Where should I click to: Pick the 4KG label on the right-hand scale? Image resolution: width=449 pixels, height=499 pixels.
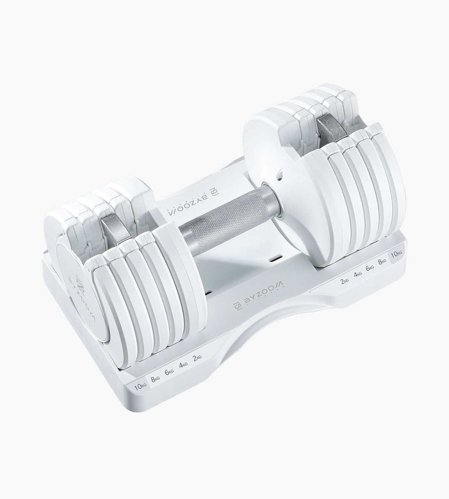[x=358, y=274]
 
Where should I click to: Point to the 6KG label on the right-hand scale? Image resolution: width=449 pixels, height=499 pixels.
[x=370, y=268]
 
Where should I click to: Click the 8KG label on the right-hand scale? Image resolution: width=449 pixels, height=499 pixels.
[x=382, y=261]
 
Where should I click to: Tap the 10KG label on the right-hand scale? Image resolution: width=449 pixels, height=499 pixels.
[x=396, y=253]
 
